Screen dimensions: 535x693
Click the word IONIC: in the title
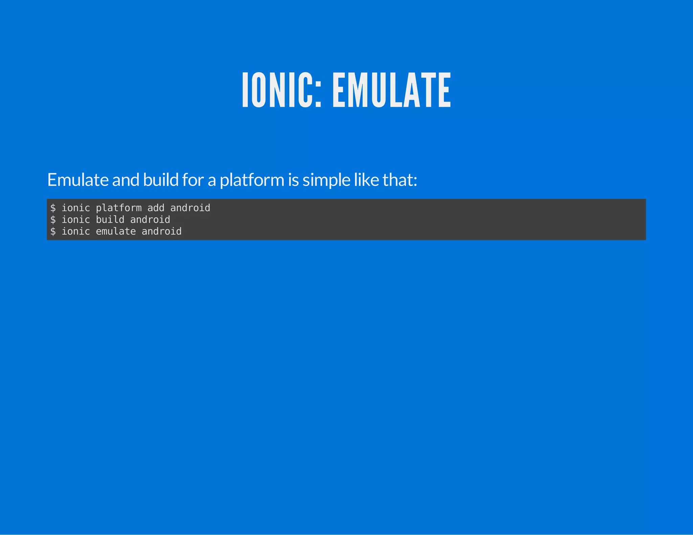[282, 90]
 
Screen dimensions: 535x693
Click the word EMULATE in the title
[392, 90]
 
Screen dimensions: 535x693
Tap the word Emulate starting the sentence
[78, 180]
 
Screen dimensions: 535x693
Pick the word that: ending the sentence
[400, 180]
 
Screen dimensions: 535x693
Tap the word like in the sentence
[366, 180]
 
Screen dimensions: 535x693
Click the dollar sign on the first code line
[53, 208]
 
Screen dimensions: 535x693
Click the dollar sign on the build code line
[53, 220]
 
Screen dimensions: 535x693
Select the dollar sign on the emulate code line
[53, 232]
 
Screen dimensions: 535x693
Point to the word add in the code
[156, 208]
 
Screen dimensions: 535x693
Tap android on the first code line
[190, 208]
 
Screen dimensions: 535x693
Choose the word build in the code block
[110, 220]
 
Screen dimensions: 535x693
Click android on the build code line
[150, 220]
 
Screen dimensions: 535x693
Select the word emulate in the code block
[116, 232]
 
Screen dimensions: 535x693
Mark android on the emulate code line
[161, 232]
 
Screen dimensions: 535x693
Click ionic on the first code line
[76, 208]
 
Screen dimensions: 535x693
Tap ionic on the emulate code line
[76, 232]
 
